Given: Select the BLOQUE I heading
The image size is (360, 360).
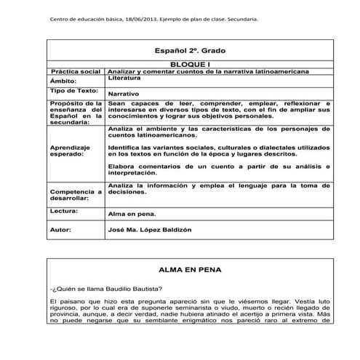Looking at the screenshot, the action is (x=191, y=65).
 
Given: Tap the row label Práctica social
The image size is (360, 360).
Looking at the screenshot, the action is (x=76, y=72).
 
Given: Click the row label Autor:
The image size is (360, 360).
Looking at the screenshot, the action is (x=61, y=229).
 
